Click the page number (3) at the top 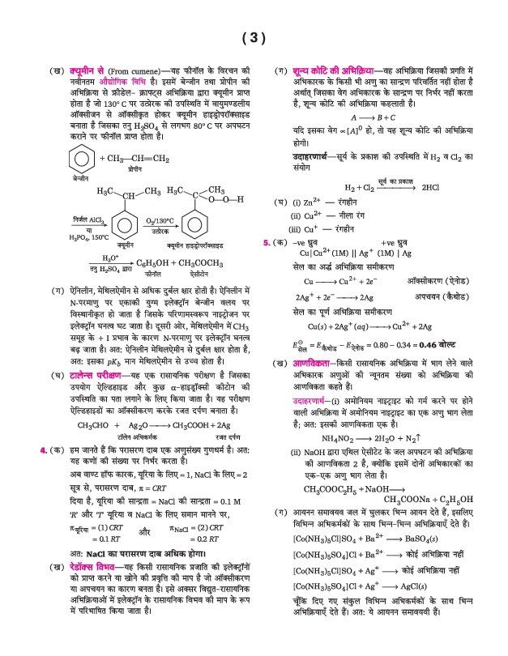pyautogui.click(x=254, y=37)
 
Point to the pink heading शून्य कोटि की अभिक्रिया pyautogui.click(x=326, y=70)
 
